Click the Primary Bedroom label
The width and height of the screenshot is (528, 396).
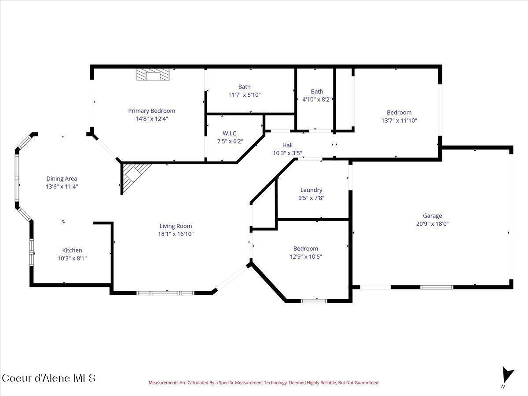(x=151, y=111)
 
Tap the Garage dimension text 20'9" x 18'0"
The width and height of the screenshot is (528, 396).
(x=432, y=224)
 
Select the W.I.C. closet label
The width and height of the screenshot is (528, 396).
(x=230, y=133)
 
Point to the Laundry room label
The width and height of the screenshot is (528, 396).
(x=311, y=190)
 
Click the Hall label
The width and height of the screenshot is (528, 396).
(x=287, y=145)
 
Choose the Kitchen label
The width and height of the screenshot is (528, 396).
(x=72, y=250)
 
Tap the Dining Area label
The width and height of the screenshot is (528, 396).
(x=62, y=179)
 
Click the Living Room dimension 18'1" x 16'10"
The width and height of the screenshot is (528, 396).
(x=176, y=234)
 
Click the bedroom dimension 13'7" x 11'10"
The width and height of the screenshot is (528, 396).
(x=399, y=120)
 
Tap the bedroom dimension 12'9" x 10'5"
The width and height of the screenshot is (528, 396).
(x=305, y=257)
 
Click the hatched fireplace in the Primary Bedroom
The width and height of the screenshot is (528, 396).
(x=152, y=75)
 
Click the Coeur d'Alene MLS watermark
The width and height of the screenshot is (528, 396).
(x=48, y=378)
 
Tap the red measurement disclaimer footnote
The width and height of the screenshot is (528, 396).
(x=264, y=383)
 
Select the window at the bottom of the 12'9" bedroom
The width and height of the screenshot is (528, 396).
(x=314, y=301)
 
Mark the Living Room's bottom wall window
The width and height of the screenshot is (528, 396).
(x=165, y=293)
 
